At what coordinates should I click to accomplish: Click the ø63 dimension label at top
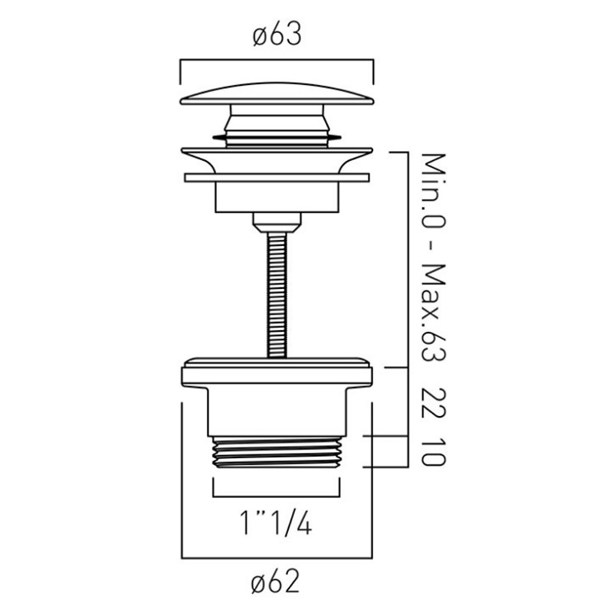pos(277,34)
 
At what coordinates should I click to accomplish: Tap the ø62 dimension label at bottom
pos(275,582)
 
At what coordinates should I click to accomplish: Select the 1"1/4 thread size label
pos(276,523)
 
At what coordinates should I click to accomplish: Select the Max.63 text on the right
pos(434,313)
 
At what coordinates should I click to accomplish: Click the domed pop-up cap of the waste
pos(277,93)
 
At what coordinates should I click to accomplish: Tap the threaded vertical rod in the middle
pos(277,294)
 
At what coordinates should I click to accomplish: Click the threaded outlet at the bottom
pos(277,452)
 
